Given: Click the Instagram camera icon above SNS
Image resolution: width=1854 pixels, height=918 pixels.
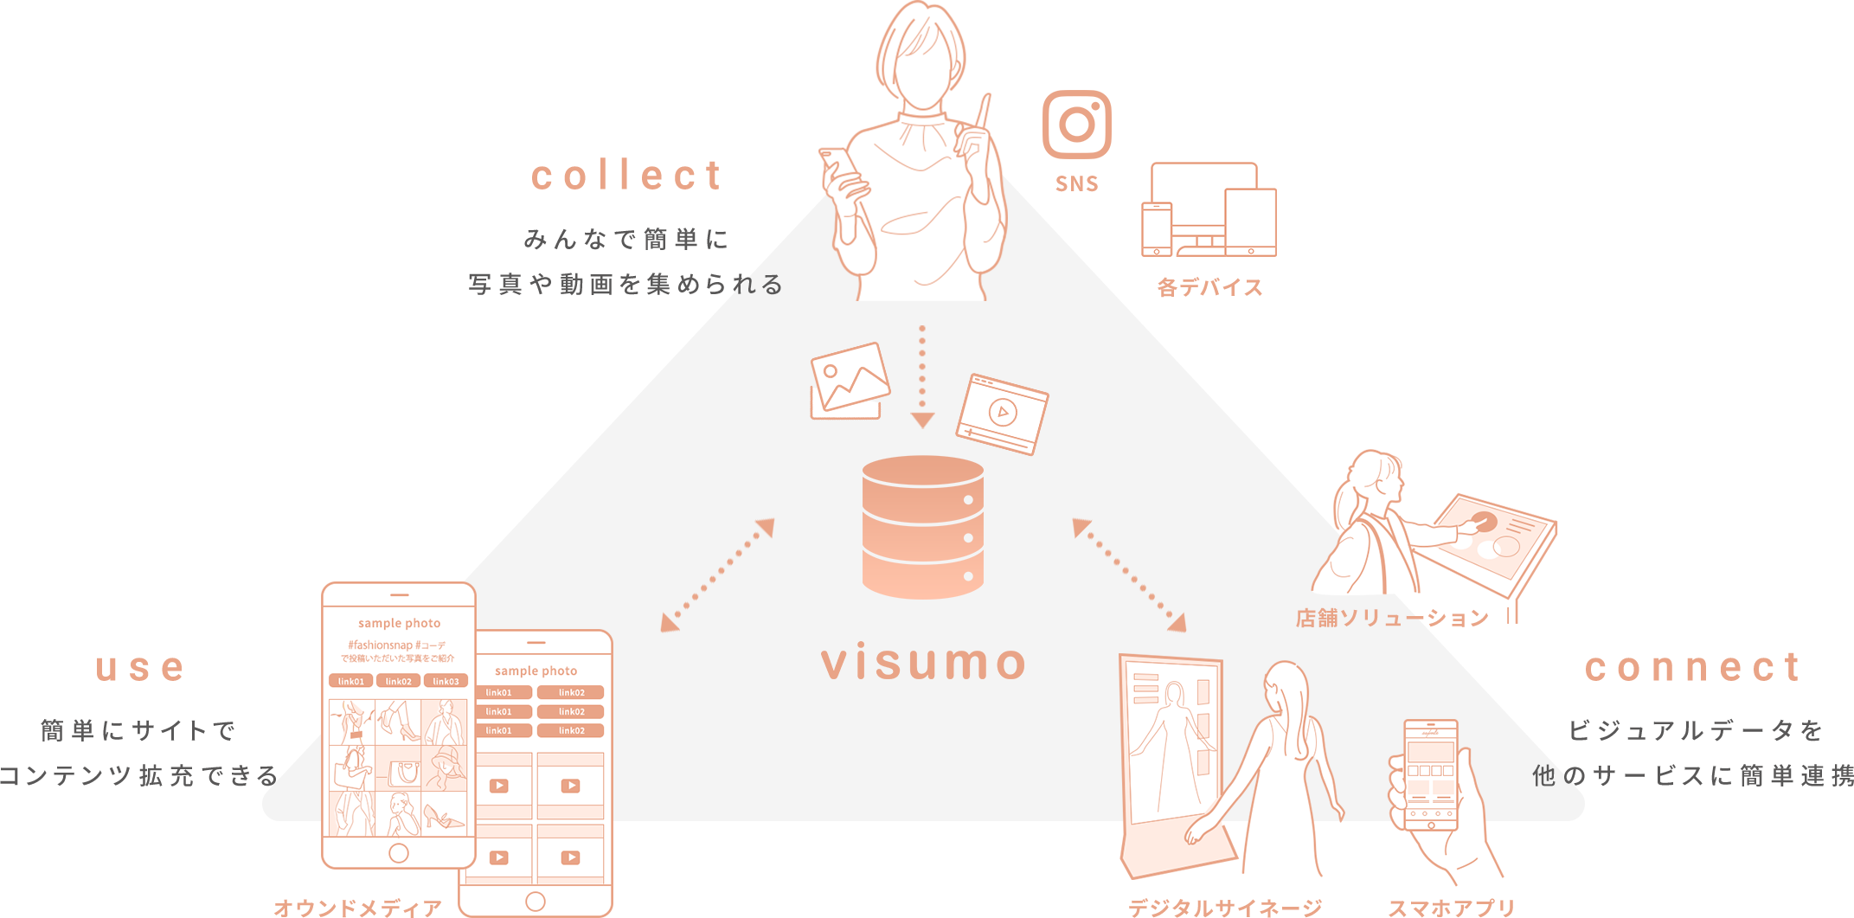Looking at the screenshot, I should pos(1076,125).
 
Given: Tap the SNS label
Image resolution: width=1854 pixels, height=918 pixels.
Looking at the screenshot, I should pos(1076,183).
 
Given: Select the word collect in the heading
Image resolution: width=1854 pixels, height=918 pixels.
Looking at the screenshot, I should pos(626,176).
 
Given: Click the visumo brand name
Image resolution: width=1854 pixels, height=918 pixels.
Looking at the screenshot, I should pos(923,663).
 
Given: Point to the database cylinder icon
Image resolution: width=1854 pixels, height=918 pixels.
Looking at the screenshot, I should pos(923,527).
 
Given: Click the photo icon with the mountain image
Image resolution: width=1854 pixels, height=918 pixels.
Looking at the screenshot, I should pos(849,380).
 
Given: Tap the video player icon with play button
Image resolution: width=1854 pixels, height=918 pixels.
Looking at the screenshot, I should pos(1002,414).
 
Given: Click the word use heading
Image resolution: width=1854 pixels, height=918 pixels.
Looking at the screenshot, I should pos(140,668).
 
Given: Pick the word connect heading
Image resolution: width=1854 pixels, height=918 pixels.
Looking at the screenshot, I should pos(1692,668).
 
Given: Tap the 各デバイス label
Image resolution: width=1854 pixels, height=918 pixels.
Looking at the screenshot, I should pos(1209,288).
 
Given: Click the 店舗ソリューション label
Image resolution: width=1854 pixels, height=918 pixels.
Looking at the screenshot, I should pos(1391,618).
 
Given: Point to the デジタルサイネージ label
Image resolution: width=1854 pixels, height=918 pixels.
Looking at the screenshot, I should pos(1224,907).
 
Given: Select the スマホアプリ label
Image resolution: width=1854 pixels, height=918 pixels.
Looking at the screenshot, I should pos(1451,907).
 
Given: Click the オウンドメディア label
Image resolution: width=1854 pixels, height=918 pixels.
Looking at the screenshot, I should pos(358,908).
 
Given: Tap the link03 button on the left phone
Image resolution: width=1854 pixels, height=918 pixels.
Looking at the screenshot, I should pos(446,681).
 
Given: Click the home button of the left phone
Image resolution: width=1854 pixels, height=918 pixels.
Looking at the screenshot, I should pos(399,853).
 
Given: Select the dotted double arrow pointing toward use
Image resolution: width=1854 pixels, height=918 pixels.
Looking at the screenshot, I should pos(717,575).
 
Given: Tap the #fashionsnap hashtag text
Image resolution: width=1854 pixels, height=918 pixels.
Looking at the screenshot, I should pos(381,645).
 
